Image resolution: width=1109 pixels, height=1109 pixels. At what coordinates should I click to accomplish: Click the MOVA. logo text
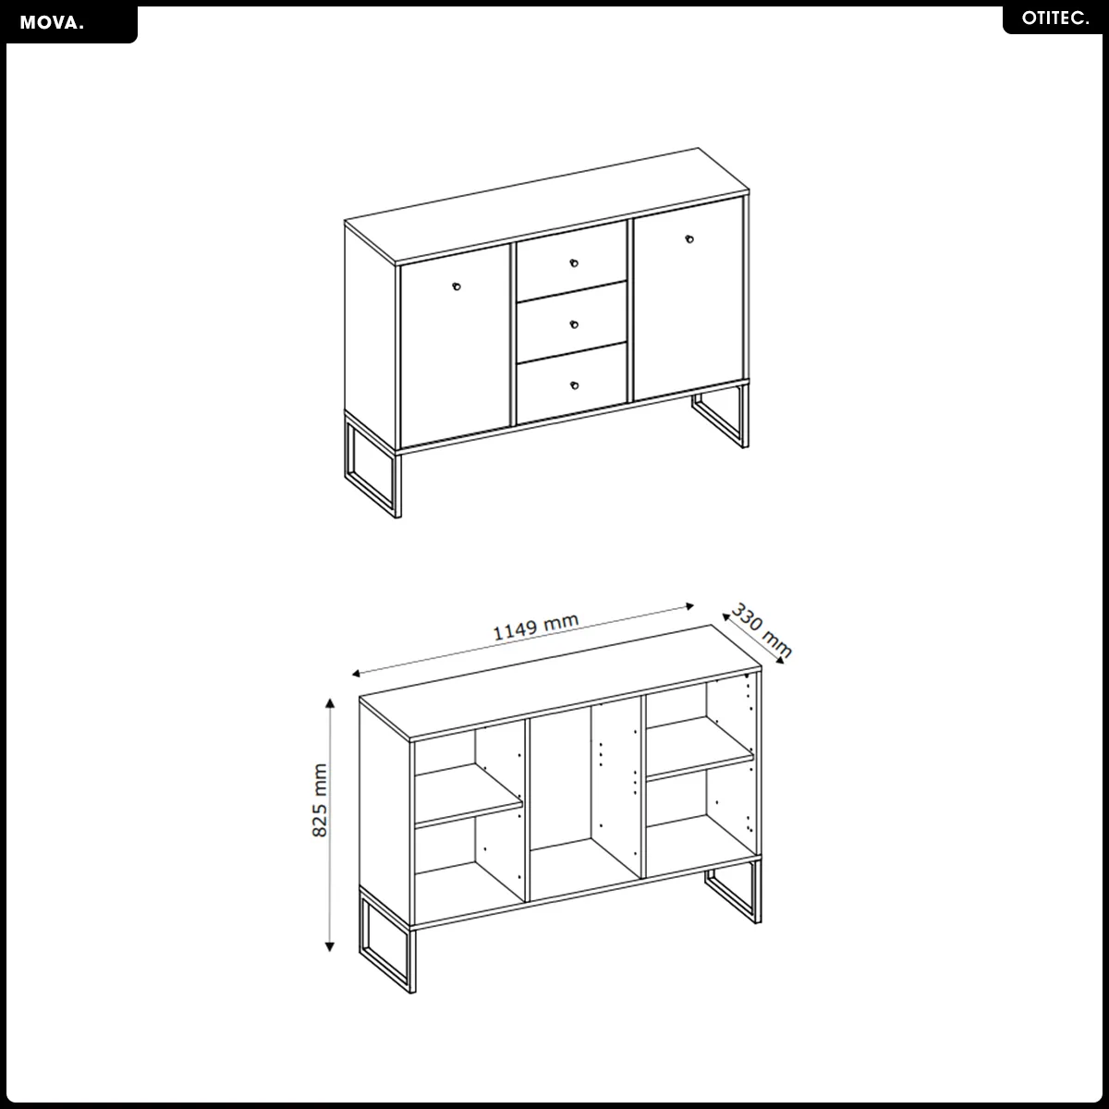coord(52,23)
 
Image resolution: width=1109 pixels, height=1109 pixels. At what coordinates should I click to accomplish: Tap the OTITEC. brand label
coord(1054,18)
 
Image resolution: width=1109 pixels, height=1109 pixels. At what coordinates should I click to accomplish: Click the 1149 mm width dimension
coord(535,627)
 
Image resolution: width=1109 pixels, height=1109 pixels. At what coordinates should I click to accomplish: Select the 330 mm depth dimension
coord(761,629)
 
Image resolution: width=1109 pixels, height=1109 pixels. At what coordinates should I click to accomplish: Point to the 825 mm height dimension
coord(319,800)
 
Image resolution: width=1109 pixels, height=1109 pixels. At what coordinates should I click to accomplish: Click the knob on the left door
coord(457,286)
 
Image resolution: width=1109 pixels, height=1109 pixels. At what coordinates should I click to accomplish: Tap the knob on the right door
coord(689,238)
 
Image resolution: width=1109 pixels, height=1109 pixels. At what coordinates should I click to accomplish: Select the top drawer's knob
coord(574,263)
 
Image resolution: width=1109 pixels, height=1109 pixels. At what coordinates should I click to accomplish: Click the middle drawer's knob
coord(574,324)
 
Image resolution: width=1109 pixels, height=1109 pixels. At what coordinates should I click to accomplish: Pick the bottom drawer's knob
coord(574,385)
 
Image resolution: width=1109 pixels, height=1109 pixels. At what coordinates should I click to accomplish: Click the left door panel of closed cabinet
coord(456,346)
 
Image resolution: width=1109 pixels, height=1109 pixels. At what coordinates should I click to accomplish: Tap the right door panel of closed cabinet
coord(688,299)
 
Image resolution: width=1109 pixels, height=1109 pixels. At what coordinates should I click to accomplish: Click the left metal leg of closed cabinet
coord(372,465)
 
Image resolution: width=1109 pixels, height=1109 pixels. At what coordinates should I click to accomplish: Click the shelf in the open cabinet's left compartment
coord(469,797)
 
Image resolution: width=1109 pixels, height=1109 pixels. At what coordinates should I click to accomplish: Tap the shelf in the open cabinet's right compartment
coord(700,749)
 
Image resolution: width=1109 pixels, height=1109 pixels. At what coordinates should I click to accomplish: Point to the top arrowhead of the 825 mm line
coord(330,702)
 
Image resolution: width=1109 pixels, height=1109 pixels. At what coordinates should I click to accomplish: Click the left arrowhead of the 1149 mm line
coord(356,674)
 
